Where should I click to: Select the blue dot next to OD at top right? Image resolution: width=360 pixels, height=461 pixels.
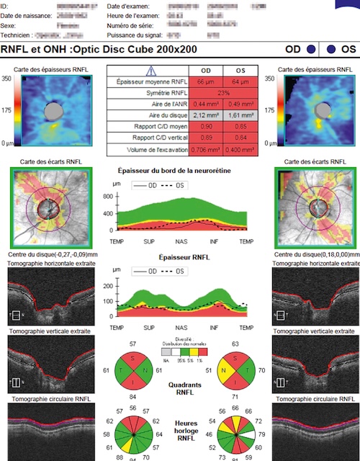coord(310,50)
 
